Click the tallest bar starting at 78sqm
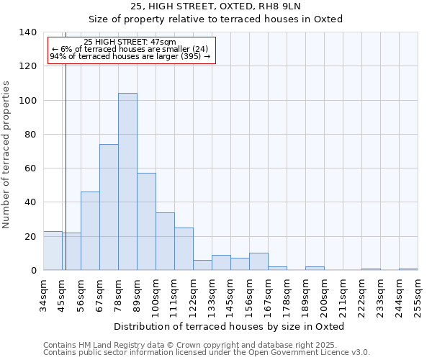(x=127, y=181)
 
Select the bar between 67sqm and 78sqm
(x=109, y=207)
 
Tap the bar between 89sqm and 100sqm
(x=146, y=222)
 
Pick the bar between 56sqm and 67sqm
(x=90, y=231)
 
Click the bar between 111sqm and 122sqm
(x=184, y=249)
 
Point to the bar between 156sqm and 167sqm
(x=258, y=262)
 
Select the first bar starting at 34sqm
(x=53, y=251)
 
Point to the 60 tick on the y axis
(x=30, y=168)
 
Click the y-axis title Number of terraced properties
(x=7, y=155)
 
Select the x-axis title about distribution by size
(x=230, y=327)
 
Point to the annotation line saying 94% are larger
(x=130, y=56)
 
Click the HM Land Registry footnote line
(x=205, y=345)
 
